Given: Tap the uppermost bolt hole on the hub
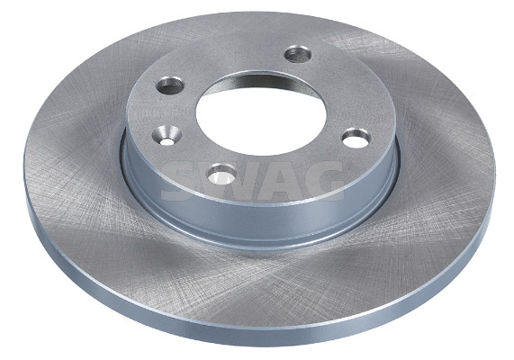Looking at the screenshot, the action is [298, 54].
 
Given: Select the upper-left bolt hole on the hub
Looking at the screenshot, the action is [169, 85].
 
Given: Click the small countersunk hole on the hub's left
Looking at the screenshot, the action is [167, 136].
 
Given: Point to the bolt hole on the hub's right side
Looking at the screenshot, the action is [356, 139].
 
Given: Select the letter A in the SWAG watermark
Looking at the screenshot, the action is [279, 181].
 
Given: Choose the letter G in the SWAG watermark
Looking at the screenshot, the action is [323, 181].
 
